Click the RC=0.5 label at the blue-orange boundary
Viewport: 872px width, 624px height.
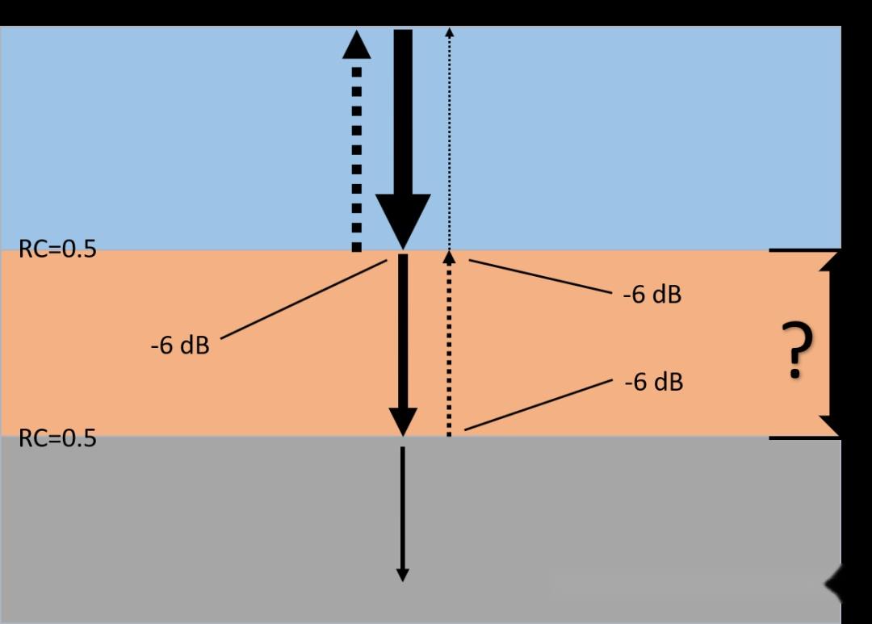57,249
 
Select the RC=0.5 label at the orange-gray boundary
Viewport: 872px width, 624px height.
57,438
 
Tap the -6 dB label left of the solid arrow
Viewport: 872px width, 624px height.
179,346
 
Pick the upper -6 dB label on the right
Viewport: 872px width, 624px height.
652,295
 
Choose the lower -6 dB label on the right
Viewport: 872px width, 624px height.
653,381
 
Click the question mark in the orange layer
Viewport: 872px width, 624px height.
797,351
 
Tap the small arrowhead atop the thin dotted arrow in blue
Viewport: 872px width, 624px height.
450,32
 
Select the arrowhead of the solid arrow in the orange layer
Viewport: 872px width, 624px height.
403,421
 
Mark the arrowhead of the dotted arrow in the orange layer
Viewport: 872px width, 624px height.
450,257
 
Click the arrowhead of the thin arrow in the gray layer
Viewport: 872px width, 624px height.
402,574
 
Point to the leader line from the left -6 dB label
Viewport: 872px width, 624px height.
303,299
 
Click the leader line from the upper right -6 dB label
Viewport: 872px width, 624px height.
541,277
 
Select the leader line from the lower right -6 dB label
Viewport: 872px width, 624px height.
538,404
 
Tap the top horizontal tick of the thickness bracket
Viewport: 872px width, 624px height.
799,250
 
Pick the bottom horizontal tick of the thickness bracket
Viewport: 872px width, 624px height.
799,438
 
